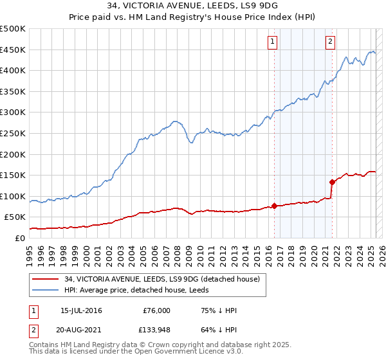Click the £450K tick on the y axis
click(13, 50)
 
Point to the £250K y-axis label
click(13, 133)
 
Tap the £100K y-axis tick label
click(13, 196)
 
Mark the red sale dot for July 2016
click(274, 206)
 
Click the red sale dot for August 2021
click(332, 182)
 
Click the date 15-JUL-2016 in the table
click(81, 310)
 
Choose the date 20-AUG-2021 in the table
click(81, 332)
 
